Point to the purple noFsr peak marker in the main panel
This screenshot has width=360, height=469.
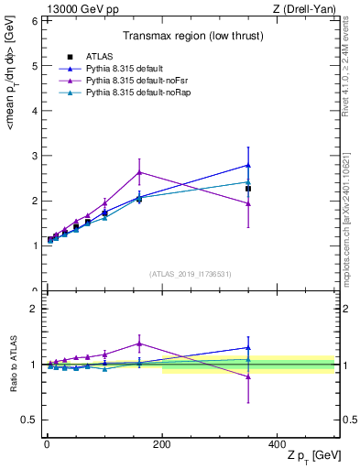(139, 172)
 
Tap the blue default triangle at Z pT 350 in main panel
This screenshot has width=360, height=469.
(247, 166)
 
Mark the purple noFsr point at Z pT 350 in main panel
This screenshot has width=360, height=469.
(247, 203)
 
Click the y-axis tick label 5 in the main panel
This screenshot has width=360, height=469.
(34, 66)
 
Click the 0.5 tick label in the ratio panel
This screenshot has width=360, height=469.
(30, 420)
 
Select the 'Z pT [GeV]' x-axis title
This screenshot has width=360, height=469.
(311, 457)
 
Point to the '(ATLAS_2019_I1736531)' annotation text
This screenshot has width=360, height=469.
(191, 274)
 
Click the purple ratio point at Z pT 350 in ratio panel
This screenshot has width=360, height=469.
(247, 376)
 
